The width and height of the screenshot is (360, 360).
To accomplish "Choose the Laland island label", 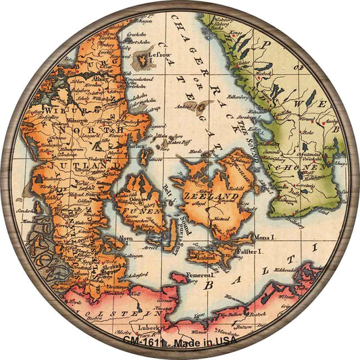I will tap(203, 257).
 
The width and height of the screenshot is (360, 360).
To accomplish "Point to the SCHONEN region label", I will tap(300, 165).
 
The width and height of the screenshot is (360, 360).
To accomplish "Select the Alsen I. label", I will tap(126, 238).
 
